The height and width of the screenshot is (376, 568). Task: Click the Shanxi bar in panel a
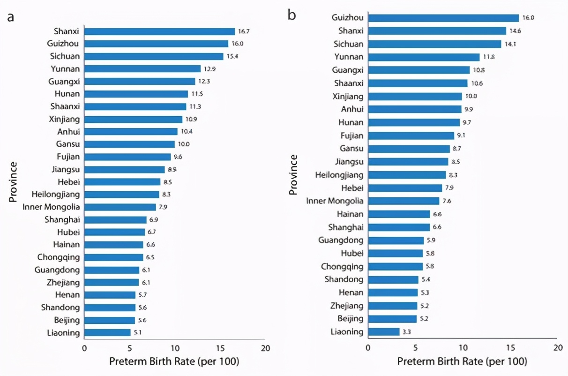(159, 31)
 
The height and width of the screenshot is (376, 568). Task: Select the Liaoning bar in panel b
(384, 332)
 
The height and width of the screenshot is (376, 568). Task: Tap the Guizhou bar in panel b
(443, 18)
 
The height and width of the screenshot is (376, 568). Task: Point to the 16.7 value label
(244, 31)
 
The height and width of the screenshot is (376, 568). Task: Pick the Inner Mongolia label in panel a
(51, 207)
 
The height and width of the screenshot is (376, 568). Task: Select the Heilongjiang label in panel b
(333, 175)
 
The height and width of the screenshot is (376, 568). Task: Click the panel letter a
(10, 17)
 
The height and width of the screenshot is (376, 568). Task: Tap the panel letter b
(291, 15)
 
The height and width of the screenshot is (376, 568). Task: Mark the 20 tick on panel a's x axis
(265, 348)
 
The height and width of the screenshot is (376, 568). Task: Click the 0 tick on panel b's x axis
(368, 348)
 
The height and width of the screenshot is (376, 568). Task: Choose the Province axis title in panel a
(13, 182)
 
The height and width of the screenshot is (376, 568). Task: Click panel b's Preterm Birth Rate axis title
(462, 362)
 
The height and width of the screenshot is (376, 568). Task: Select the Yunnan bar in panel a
(142, 69)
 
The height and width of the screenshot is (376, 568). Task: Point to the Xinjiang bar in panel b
(415, 97)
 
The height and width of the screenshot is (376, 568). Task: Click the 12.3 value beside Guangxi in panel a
(204, 82)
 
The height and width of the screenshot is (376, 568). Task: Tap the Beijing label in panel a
(67, 320)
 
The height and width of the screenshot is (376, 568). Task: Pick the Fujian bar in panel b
(411, 135)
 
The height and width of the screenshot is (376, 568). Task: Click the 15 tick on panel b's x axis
(510, 348)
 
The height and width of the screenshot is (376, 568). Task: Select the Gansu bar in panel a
(129, 144)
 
